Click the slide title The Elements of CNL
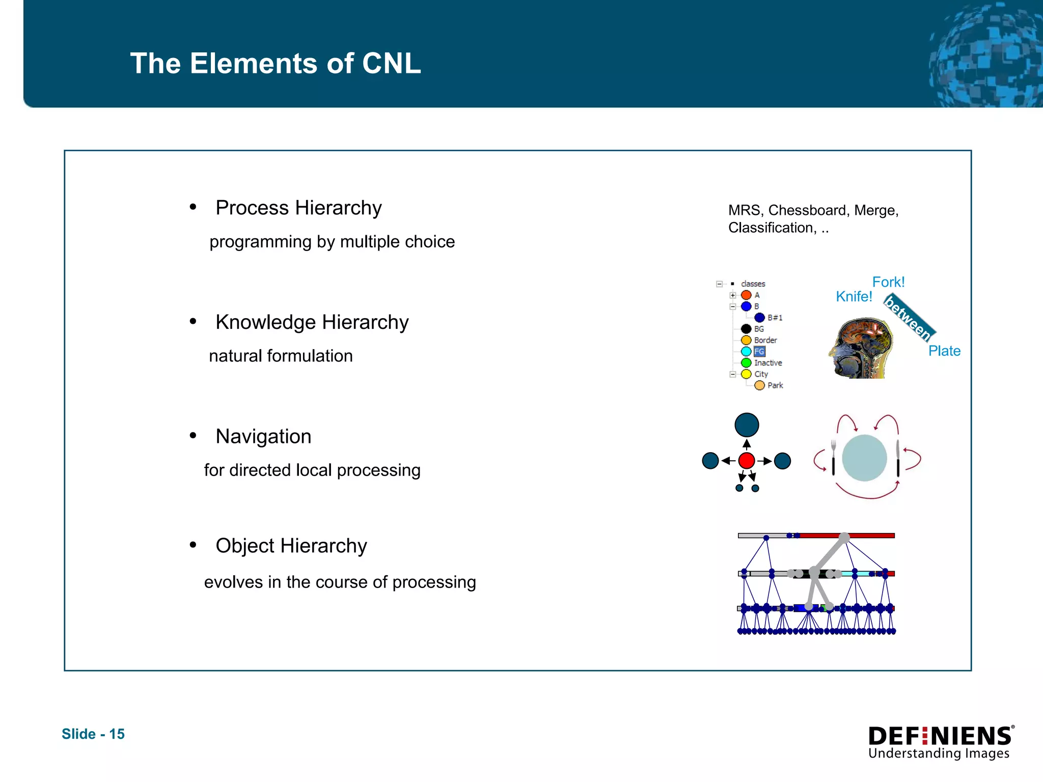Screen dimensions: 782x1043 pos(276,64)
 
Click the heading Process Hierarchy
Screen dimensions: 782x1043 pos(298,208)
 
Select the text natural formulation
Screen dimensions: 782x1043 pos(281,356)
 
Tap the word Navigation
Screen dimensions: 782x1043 pos(263,437)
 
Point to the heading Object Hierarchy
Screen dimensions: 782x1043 pos(291,546)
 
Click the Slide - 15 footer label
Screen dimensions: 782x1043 pos(93,734)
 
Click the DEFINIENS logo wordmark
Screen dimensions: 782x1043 pos(940,737)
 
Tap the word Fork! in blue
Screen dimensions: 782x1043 pos(888,282)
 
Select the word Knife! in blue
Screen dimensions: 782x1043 pos(854,296)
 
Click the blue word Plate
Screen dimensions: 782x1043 pos(944,351)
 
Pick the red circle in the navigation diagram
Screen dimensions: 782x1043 pos(747,461)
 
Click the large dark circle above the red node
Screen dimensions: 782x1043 pos(747,425)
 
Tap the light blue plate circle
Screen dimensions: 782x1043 pos(864,458)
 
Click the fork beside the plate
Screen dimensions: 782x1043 pos(834,457)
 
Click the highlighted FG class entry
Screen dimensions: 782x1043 pos(759,352)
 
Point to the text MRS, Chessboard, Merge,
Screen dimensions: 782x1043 pos(813,210)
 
